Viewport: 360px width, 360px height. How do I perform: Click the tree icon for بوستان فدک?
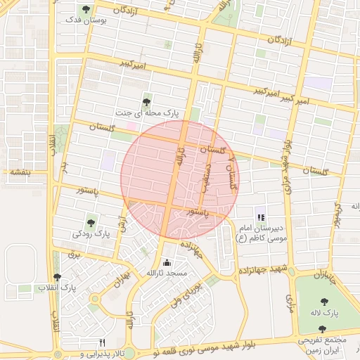coord(86,9)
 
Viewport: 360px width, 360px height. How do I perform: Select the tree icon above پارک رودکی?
coord(90,221)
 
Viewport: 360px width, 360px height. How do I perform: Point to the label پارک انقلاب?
coord(77,288)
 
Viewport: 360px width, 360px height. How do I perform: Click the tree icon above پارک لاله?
coord(324,301)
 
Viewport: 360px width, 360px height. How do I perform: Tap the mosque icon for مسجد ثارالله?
coord(167,262)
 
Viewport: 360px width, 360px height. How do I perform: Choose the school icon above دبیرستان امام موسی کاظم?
coord(260,218)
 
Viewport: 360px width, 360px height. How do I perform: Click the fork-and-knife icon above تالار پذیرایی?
coord(103,342)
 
